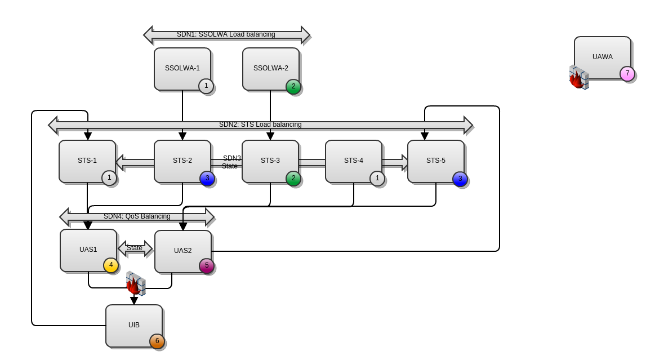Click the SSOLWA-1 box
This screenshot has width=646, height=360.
click(x=182, y=69)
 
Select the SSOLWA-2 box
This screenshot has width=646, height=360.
click(x=270, y=69)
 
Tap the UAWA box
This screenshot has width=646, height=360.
click(x=602, y=57)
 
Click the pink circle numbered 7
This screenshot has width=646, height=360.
click(x=627, y=74)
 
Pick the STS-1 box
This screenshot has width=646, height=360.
click(x=87, y=161)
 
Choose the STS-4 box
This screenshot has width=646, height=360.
click(x=353, y=161)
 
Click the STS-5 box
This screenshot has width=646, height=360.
click(x=435, y=161)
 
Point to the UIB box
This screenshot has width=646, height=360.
click(x=133, y=326)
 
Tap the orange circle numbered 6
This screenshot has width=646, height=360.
click(x=157, y=341)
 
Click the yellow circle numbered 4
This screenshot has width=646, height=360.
click(x=111, y=265)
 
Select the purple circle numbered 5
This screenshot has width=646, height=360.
click(x=207, y=266)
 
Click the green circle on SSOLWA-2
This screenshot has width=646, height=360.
click(x=293, y=87)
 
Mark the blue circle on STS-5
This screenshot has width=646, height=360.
click(x=460, y=179)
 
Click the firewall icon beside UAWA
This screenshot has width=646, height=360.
click(x=578, y=78)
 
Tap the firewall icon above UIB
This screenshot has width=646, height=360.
click(x=135, y=283)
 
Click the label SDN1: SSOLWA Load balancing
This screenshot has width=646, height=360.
click(x=226, y=34)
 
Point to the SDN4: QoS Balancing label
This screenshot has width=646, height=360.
click(x=137, y=216)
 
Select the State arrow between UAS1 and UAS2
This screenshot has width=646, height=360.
click(x=135, y=248)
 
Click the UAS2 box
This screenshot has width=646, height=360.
click(x=182, y=251)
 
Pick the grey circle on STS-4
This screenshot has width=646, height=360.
click(x=377, y=179)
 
